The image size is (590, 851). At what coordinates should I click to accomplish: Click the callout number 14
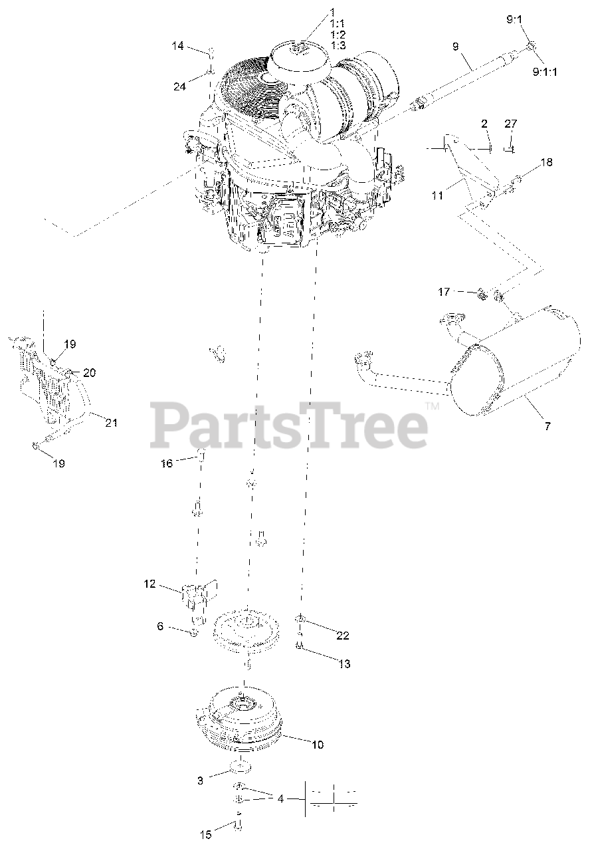(x=177, y=46)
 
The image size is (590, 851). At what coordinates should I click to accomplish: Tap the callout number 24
(x=179, y=86)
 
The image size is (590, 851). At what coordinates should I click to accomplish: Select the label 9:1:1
(x=545, y=71)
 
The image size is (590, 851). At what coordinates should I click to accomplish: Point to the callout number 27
(x=511, y=124)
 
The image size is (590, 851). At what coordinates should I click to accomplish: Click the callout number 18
(x=546, y=162)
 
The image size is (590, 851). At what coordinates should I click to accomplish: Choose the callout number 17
(x=444, y=292)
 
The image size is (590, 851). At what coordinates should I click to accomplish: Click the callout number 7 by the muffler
(x=547, y=426)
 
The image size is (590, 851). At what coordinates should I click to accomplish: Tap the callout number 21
(x=111, y=422)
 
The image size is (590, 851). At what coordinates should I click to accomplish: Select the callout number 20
(x=89, y=373)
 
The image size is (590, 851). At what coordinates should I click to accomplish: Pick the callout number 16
(x=167, y=463)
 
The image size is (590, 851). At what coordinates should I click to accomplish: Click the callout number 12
(x=150, y=584)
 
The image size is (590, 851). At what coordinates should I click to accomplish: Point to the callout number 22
(x=342, y=635)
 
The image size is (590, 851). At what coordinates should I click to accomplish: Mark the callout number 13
(x=344, y=664)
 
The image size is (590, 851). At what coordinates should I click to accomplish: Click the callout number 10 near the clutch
(x=318, y=745)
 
